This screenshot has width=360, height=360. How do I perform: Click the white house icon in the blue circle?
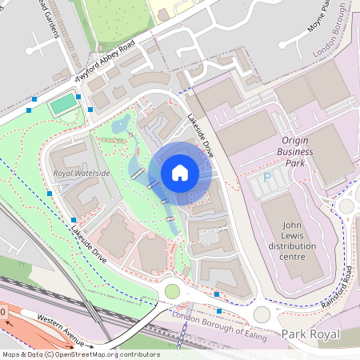coord(180,173)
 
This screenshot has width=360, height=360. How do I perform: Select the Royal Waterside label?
coord(81,172)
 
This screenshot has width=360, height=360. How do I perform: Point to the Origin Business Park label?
coord(295,150)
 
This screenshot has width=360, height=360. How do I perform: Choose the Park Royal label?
coord(310,334)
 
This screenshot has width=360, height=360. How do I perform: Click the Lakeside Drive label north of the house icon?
coord(201,133)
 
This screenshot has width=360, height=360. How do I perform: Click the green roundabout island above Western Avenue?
coord(172,291)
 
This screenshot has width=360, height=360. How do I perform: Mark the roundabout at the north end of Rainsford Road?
coord(346,206)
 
